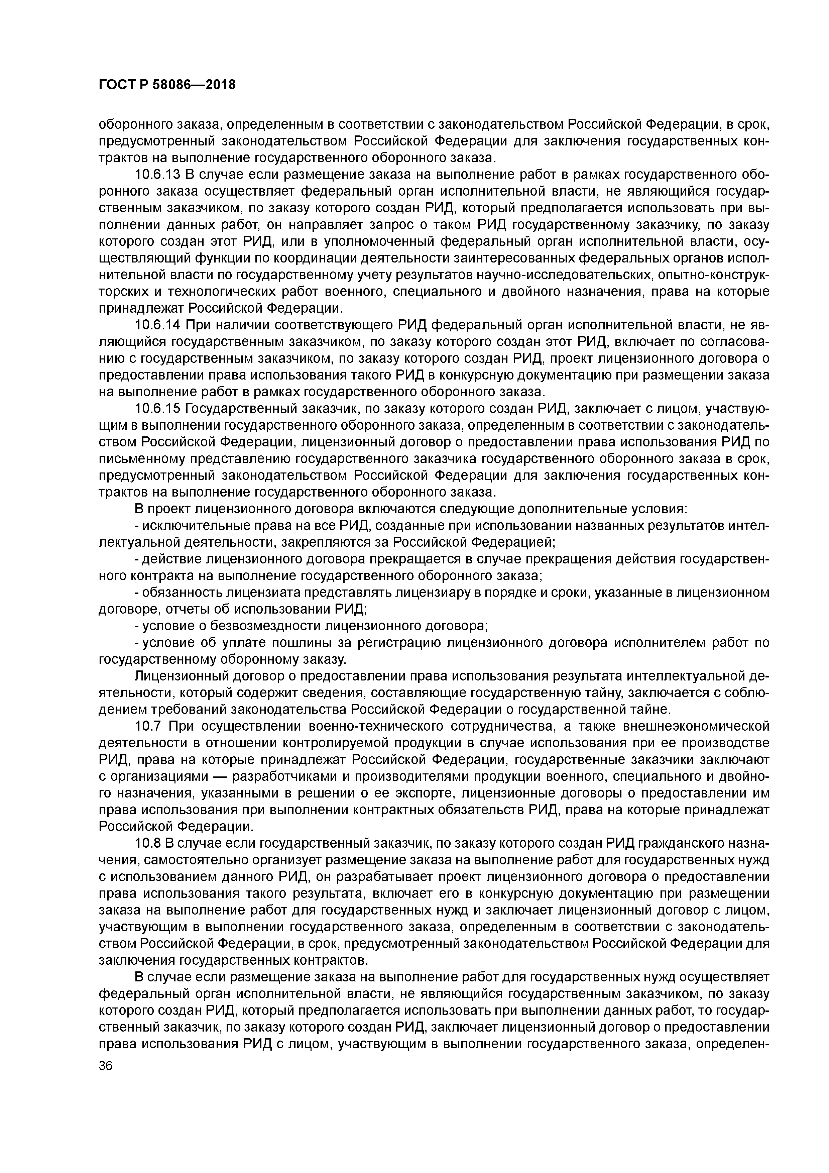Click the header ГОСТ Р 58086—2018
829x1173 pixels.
167,84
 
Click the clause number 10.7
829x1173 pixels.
148,726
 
